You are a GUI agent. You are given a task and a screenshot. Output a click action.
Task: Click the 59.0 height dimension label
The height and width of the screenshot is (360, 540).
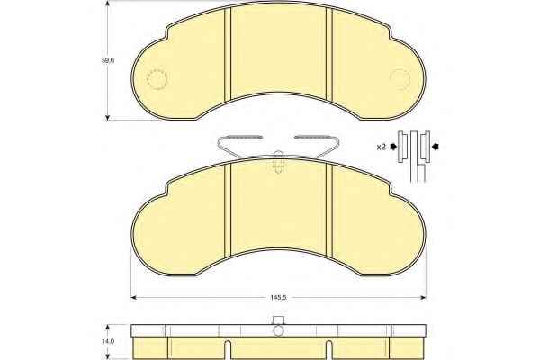(x=107, y=60)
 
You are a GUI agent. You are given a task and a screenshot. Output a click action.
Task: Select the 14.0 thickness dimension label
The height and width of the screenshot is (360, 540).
(x=108, y=342)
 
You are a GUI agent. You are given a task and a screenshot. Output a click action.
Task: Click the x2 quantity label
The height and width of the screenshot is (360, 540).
(x=381, y=148)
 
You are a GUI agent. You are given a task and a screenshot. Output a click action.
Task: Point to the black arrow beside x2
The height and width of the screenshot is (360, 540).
(x=393, y=148)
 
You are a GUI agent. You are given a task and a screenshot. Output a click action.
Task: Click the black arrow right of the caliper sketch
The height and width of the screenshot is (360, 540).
(x=436, y=147)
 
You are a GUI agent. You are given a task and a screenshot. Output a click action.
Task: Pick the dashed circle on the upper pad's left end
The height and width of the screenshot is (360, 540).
(x=157, y=79)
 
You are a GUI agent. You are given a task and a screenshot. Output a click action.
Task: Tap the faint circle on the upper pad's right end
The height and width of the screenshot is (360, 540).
(x=400, y=78)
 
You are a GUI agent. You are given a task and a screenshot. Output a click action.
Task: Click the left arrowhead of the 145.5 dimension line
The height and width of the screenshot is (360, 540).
(x=134, y=298)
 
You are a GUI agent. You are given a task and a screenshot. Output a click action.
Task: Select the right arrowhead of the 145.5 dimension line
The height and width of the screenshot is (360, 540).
(x=423, y=298)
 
